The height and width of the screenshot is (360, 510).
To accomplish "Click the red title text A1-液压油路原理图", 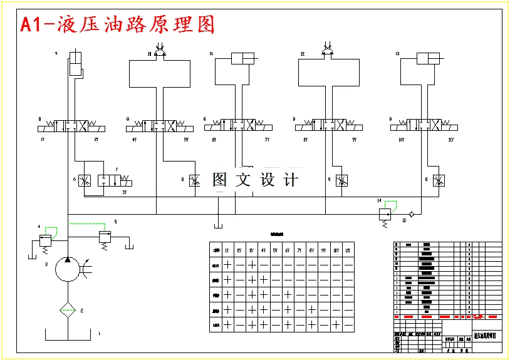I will click(x=118, y=24).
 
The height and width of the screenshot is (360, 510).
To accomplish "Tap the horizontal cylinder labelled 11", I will click(x=242, y=59).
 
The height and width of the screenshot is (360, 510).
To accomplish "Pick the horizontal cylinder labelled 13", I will click(x=430, y=59).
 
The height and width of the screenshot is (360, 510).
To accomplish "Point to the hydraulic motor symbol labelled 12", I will click(x=327, y=52).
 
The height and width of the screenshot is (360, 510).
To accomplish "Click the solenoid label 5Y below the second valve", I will click(x=186, y=140).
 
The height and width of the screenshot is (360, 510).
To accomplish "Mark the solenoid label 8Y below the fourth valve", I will click(x=306, y=140).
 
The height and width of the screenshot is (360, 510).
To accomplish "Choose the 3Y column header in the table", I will click(x=251, y=250).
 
